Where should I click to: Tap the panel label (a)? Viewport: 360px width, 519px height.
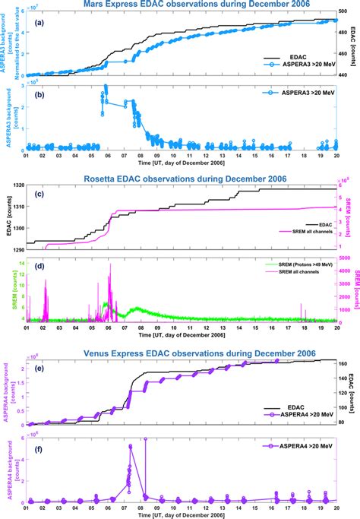pos(33,23)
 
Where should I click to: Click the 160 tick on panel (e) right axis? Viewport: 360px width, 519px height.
pos(344,364)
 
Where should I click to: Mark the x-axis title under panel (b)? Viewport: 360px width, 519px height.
pos(180,163)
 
